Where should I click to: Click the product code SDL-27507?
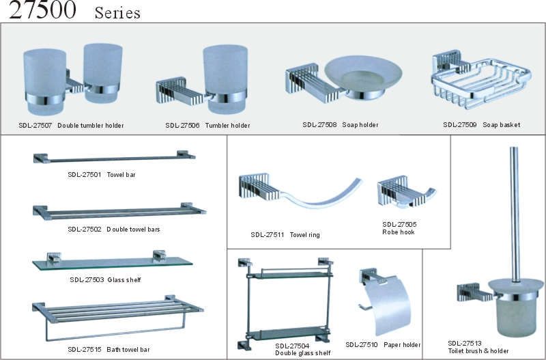pos(35,126)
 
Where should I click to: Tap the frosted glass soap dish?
pos(363,74)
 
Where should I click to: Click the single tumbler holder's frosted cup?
pos(225,79)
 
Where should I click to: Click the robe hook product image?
pos(406,192)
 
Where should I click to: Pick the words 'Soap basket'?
pos(501,125)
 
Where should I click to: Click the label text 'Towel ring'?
pos(304,235)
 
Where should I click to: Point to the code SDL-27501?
pos(84,175)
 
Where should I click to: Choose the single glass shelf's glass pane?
pos(112,264)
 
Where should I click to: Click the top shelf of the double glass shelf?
pos(289,275)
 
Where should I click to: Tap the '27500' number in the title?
pos(42,10)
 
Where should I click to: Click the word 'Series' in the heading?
pos(117,13)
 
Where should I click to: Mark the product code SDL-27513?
pos(465,344)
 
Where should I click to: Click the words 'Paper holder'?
pos(402,345)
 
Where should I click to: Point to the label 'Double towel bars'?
pos(133,230)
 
